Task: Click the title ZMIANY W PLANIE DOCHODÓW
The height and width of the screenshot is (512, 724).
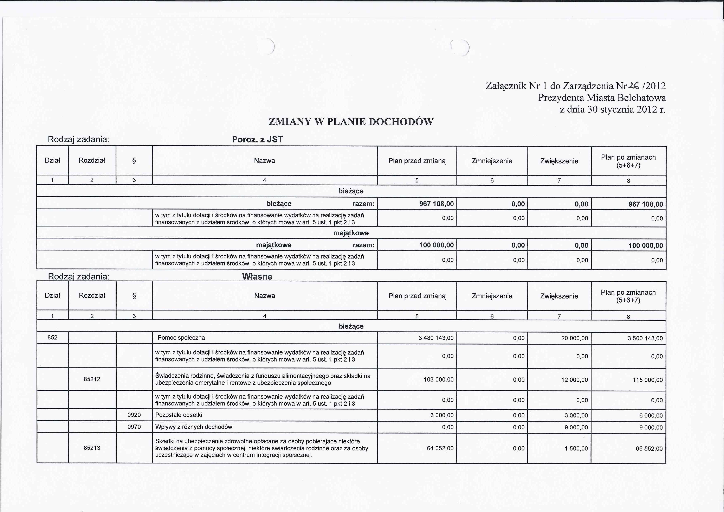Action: pos(351,122)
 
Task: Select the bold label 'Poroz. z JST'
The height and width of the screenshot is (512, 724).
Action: pos(257,139)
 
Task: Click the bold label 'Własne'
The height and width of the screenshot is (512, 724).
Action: pos(257,277)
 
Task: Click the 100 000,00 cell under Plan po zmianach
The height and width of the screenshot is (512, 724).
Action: pos(646,245)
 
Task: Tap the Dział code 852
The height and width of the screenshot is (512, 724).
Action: pos(52,338)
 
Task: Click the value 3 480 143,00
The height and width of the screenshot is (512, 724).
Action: pos(436,338)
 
